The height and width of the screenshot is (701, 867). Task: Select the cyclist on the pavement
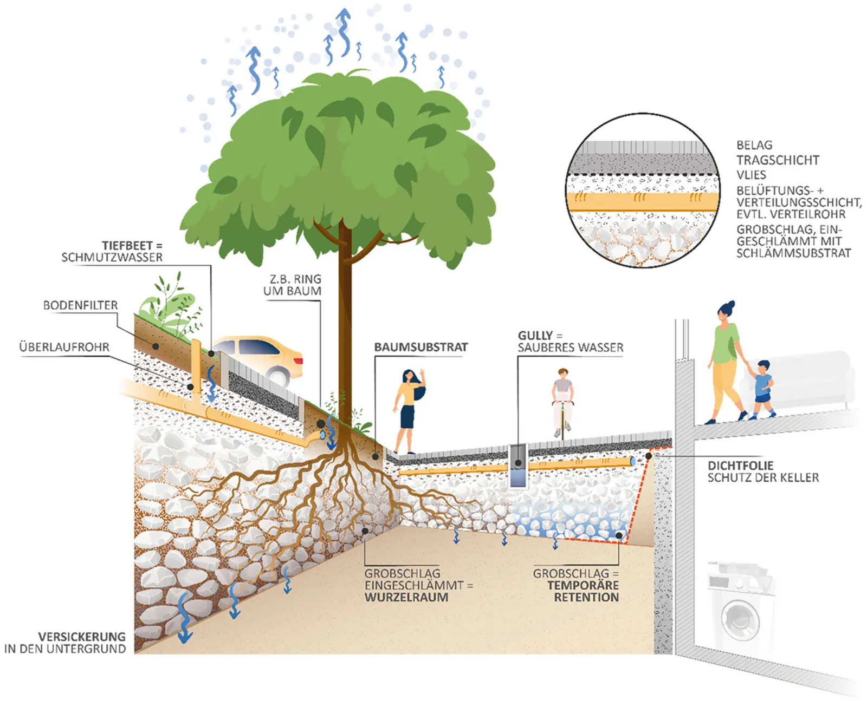click(x=562, y=403)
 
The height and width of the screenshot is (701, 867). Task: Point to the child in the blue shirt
click(x=761, y=390)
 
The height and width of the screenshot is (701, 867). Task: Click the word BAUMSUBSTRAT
click(x=421, y=347)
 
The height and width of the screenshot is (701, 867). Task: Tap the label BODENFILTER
click(x=81, y=305)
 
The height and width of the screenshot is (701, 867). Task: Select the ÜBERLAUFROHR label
click(x=64, y=347)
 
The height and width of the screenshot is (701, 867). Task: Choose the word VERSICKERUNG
click(x=82, y=637)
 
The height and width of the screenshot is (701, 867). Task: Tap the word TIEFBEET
click(x=127, y=246)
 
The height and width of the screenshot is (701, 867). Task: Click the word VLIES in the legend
click(x=751, y=175)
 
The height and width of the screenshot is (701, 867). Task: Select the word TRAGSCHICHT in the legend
click(x=778, y=160)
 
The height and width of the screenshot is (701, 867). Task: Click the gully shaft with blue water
click(x=518, y=466)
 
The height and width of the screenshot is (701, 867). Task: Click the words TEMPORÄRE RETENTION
click(x=583, y=591)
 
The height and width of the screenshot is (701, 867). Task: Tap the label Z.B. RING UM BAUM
click(x=292, y=285)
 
